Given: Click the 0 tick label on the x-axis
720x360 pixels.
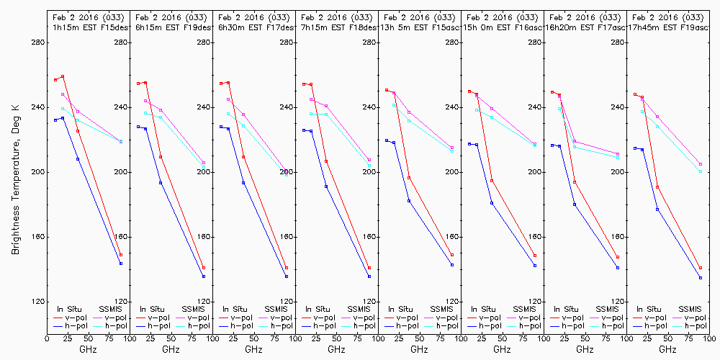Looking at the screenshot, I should click(x=48, y=336).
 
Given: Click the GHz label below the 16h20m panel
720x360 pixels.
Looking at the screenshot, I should click(x=585, y=349).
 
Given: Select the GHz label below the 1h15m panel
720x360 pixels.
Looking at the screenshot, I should click(x=89, y=349).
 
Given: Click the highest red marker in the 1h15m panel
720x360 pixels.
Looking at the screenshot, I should click(x=63, y=76).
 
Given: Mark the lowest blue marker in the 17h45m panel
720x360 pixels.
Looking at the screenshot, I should click(x=701, y=278).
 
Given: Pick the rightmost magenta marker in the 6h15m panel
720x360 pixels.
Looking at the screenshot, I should click(x=204, y=163).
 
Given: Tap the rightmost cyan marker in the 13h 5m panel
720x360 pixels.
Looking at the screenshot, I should click(x=452, y=151).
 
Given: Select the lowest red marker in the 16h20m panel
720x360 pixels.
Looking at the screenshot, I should click(x=618, y=257).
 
